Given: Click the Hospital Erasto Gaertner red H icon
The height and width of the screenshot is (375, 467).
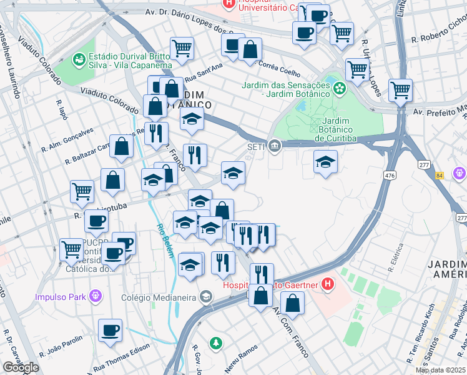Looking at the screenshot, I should coord(328,286).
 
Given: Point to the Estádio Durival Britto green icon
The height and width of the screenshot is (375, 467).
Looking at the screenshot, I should coord(79,59).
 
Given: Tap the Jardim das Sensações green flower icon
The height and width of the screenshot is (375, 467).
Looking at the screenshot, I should coord(339,89).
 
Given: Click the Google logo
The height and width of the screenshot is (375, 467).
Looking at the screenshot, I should coord(20,367).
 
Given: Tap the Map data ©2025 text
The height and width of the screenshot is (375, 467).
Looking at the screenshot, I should coord(440,370).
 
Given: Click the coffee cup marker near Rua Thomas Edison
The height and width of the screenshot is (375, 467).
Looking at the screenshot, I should coord(110,331).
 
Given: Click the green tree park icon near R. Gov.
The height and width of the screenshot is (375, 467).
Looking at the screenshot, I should coord(215,343).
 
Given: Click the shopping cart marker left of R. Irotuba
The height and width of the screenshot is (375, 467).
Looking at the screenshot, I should coord(82,192).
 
